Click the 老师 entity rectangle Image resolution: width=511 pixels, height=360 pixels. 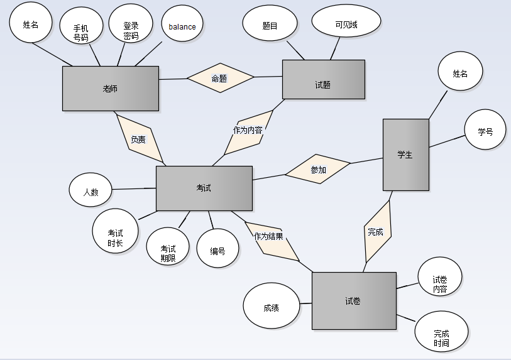point(110,89)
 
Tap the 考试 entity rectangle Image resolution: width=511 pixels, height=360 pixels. point(204,188)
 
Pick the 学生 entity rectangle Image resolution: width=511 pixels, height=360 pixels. point(405,155)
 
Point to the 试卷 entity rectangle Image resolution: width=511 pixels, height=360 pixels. point(353,301)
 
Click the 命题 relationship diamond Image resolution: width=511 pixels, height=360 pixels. point(220,78)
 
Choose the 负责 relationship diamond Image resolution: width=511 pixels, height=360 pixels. point(140,139)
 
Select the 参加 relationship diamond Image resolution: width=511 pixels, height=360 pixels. point(317,169)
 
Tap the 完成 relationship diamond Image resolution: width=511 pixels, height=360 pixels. point(377,231)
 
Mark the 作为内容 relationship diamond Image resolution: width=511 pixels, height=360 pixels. point(248,131)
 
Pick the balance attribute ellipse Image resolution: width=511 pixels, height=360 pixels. point(182,27)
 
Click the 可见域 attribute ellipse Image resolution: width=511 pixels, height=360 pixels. point(346,25)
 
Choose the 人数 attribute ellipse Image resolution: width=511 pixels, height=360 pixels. point(91,190)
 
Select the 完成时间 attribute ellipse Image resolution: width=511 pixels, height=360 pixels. point(441,332)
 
